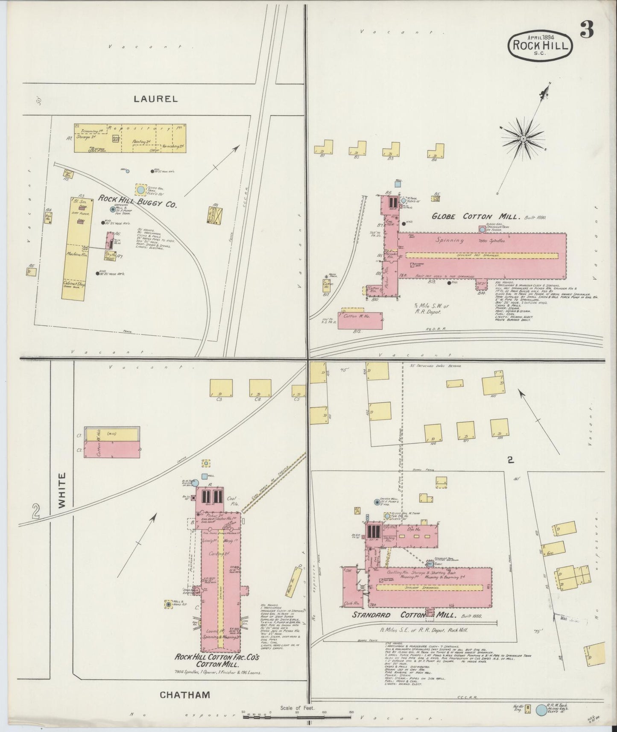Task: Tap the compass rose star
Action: (x=523, y=139)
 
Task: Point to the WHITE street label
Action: (x=62, y=495)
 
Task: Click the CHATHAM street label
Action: (x=185, y=694)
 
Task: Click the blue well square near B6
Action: (x=398, y=184)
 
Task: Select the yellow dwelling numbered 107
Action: (x=465, y=430)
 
